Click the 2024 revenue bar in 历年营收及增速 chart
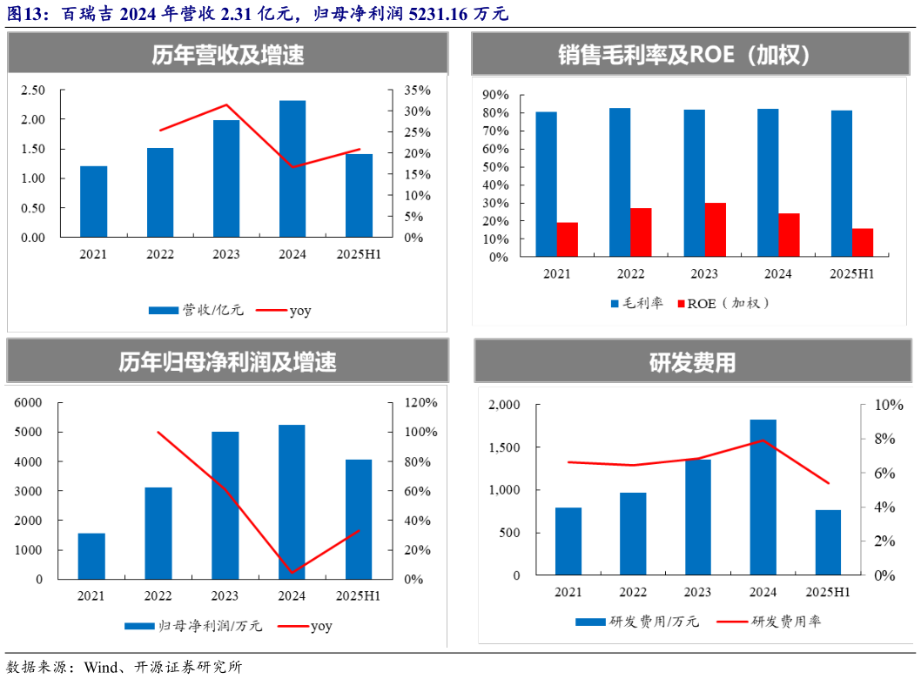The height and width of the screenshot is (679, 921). (x=292, y=169)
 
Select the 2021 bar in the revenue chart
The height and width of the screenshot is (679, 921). (x=94, y=201)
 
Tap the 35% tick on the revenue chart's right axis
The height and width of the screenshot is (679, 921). (x=417, y=91)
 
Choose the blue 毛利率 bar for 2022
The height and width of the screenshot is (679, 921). (x=620, y=182)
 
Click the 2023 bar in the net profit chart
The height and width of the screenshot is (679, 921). (x=225, y=505)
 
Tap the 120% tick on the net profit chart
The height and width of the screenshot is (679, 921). (x=420, y=403)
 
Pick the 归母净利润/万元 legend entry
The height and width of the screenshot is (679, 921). (x=195, y=625)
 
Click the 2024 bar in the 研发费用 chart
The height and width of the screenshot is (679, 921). (x=763, y=497)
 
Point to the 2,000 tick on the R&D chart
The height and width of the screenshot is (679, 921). (x=504, y=406)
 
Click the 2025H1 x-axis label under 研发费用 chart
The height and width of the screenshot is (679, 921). (x=828, y=593)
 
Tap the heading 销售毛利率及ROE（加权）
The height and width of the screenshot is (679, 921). (x=684, y=56)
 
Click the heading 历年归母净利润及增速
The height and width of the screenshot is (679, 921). (x=228, y=361)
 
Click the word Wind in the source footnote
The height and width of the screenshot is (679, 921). (x=101, y=667)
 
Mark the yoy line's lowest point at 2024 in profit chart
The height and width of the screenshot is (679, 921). (x=292, y=573)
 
